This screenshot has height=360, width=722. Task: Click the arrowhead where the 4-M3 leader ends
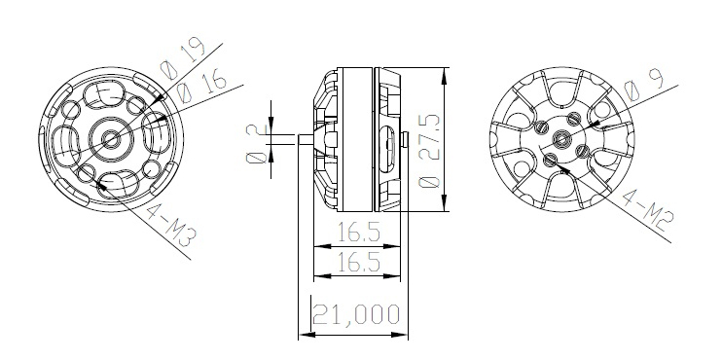[x=90, y=175]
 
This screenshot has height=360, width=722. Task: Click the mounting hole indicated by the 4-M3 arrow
[x=87, y=172]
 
